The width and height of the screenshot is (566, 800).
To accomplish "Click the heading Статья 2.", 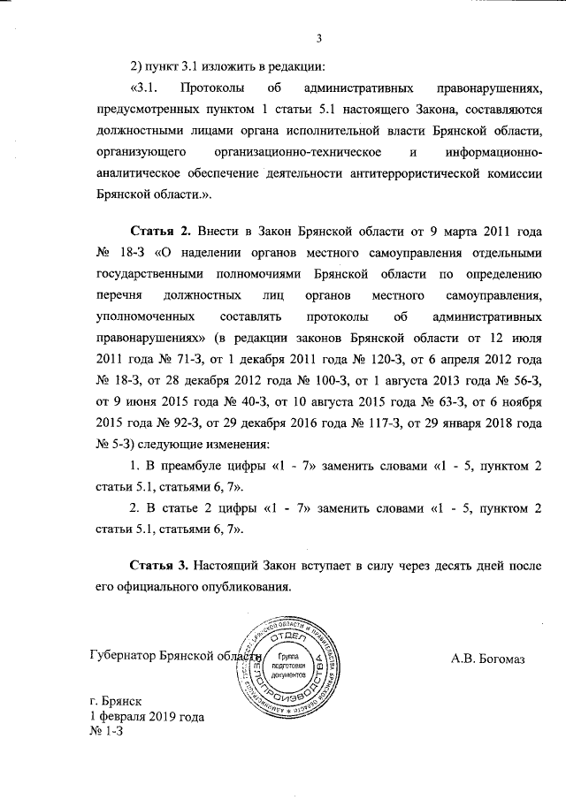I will pyautogui.click(x=161, y=232).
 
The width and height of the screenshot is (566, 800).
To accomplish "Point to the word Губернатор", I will pyautogui.click(x=123, y=656).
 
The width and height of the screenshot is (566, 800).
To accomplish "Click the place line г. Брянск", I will pyautogui.click(x=116, y=699).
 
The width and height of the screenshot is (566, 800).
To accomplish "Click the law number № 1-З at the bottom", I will pyautogui.click(x=103, y=733).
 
